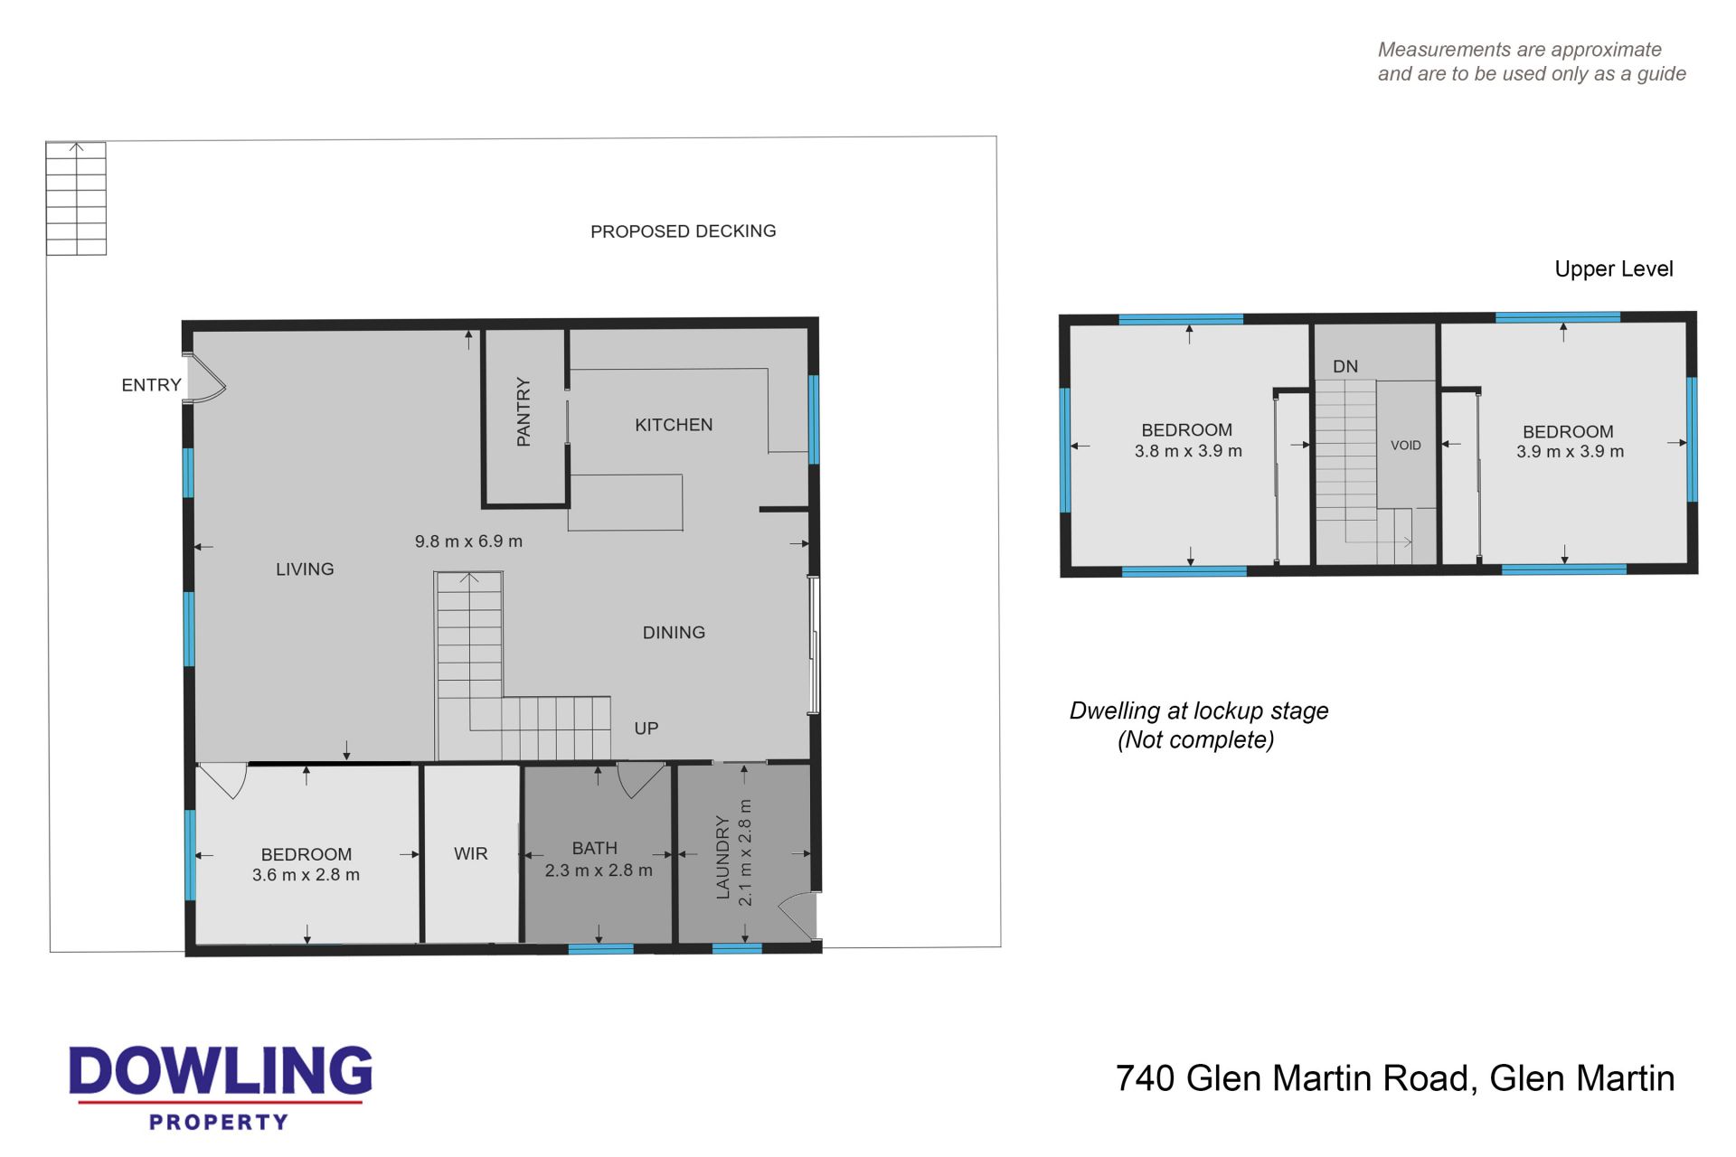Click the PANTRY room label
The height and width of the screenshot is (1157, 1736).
524,412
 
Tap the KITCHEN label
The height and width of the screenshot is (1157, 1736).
674,425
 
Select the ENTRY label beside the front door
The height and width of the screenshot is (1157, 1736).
151,385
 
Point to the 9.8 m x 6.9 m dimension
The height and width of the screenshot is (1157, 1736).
468,541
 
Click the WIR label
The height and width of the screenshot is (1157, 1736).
470,853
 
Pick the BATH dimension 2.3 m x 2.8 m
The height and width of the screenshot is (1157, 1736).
599,870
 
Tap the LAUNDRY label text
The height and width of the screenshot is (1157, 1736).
722,857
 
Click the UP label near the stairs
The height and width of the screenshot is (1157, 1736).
646,729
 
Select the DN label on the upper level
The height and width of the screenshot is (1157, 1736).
1345,366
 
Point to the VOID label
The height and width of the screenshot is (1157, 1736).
1406,446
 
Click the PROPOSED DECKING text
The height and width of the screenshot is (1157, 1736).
683,231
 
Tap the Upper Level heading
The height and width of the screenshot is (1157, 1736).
1614,269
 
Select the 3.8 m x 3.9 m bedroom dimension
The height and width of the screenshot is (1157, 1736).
1188,451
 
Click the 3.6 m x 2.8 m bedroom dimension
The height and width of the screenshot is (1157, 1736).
306,875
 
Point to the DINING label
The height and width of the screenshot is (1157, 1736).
674,633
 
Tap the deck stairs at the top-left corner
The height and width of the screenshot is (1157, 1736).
76,199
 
